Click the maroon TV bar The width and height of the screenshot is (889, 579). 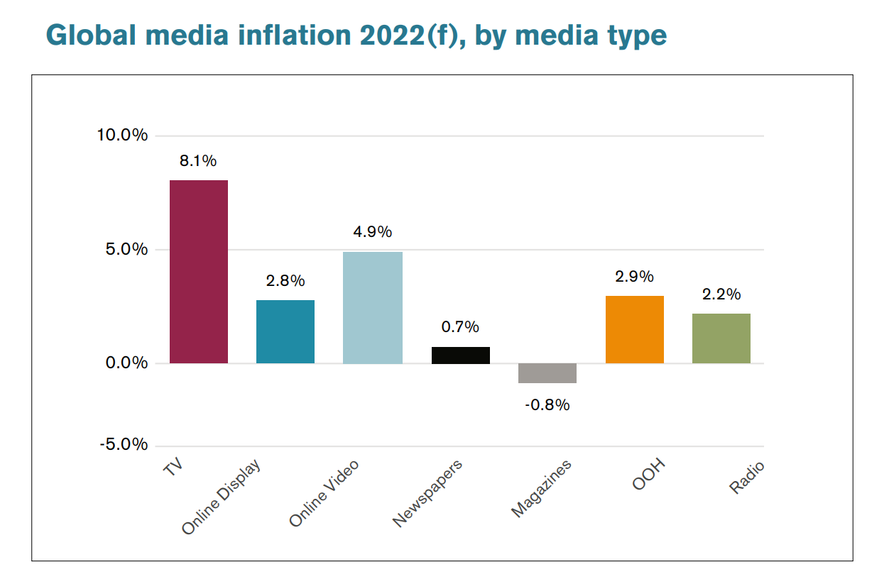[x=199, y=272]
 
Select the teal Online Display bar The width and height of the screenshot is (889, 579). [x=285, y=331]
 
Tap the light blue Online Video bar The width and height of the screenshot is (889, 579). [x=373, y=307]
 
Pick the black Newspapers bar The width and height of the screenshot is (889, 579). [x=460, y=355]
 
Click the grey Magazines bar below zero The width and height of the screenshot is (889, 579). [x=547, y=373]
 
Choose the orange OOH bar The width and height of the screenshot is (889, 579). [x=635, y=329]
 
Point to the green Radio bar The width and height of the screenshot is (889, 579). [x=721, y=338]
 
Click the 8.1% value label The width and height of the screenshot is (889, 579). [x=198, y=161]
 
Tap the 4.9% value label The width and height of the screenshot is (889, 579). [x=373, y=232]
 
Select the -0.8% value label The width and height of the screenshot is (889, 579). [x=547, y=406]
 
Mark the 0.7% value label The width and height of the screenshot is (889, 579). [x=460, y=327]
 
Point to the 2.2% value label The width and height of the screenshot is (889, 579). [x=721, y=294]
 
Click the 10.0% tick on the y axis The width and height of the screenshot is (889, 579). [x=122, y=135]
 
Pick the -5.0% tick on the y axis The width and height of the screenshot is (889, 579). [x=122, y=446]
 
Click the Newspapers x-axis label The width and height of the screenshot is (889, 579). [x=427, y=493]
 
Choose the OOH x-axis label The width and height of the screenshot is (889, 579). [x=649, y=475]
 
